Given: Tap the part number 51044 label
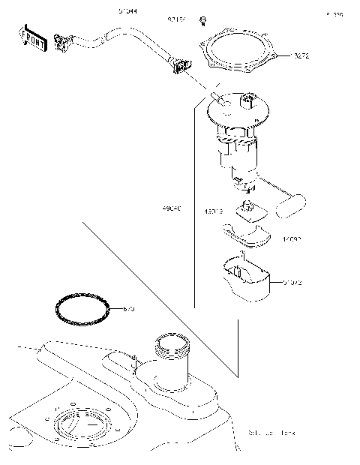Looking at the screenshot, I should (128, 12).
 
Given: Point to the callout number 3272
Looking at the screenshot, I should (301, 56).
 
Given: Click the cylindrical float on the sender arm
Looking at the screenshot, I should (292, 205).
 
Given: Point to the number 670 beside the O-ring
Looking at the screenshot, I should (128, 308).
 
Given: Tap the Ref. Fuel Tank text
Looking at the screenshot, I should (271, 433).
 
